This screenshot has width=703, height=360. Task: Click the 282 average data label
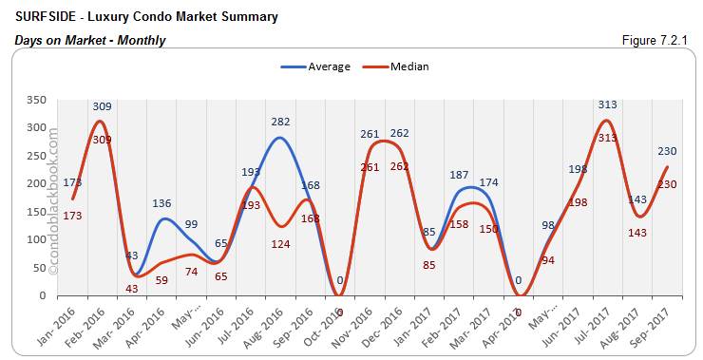[280, 122]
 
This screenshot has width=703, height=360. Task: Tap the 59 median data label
[161, 280]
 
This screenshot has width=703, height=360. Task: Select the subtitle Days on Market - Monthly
[90, 40]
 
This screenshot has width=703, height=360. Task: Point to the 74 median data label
[191, 271]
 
